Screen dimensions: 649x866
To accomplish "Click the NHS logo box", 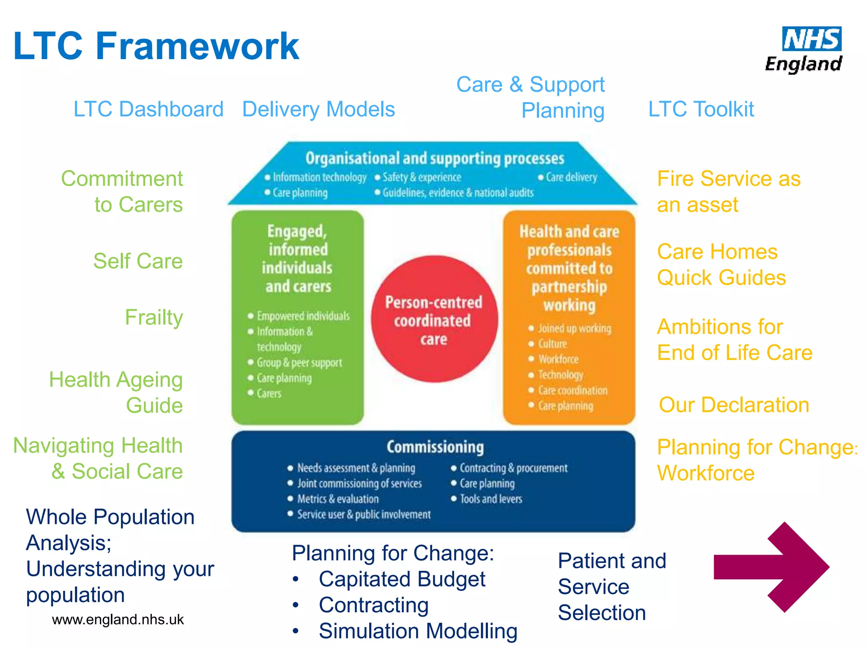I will pos(811,39).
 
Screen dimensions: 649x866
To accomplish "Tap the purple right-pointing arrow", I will pos(772,567).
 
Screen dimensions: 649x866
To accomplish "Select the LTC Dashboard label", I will pos(148,109).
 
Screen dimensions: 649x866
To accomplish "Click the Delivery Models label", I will pos(318,109).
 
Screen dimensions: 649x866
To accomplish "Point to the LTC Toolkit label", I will pos(701,109).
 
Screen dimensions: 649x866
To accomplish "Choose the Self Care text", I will pos(138,261).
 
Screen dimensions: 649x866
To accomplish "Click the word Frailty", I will pos(154,317).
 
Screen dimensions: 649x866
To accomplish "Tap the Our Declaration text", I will pos(734,405).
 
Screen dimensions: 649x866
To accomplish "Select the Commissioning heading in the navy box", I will pos(435,447).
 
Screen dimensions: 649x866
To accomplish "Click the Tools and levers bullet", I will pos(491,499).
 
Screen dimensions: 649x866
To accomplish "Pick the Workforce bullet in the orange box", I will pos(558,360).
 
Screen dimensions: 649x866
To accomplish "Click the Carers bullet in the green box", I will pos(269,394).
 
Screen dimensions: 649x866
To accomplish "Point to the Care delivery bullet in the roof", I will pos(571,177).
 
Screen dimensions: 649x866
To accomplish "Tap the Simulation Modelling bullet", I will pos(418,631).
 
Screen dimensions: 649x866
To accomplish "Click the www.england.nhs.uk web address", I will pos(118,619).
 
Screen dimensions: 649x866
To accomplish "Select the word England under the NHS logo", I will pos(803,64).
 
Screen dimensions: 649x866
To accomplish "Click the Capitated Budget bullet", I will pos(402,579).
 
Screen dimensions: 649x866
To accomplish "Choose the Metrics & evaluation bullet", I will pos(337,499).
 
